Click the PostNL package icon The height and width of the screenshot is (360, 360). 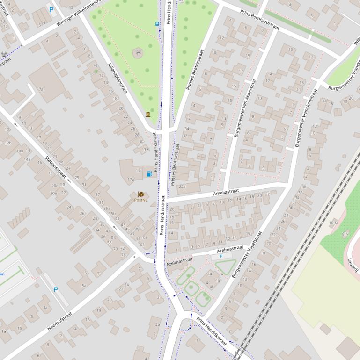(141, 194)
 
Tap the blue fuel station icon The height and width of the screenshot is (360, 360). (149, 174)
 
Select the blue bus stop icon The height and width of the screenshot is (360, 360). (157, 24)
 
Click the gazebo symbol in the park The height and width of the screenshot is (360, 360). (138, 54)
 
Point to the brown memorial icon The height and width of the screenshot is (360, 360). (148, 114)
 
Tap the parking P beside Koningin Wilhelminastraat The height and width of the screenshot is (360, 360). (51, 9)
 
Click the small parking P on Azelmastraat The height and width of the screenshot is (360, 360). (221, 256)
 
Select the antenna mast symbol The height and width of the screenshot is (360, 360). (5, 54)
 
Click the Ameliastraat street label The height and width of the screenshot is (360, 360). (226, 192)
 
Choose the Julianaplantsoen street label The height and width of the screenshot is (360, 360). (117, 78)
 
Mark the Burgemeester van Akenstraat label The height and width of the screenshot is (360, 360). (245, 108)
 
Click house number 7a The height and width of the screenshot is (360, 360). (41, 89)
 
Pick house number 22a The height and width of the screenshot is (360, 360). (182, 187)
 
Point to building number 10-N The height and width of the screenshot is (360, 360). (333, 223)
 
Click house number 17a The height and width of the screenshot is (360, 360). (131, 179)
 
